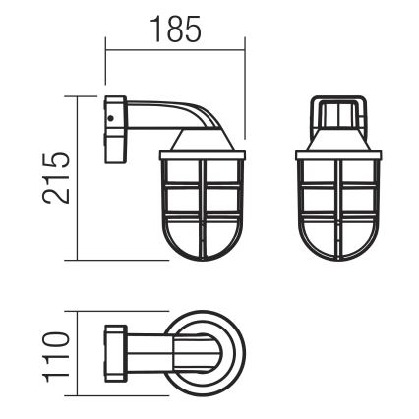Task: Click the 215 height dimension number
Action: (58, 177)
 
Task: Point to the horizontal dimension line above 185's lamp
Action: (175, 48)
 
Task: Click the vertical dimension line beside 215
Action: (76, 177)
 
